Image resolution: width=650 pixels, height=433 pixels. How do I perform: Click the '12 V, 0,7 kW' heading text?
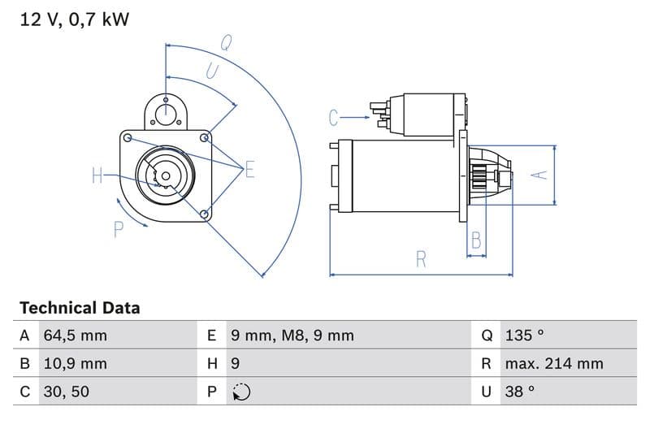[x=74, y=19]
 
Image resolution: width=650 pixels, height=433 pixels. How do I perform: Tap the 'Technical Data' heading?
[x=80, y=308]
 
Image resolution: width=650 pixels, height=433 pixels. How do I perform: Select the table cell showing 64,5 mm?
[x=75, y=336]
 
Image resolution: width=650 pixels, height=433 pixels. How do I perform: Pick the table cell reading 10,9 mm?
[x=75, y=364]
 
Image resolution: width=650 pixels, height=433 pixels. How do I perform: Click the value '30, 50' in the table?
[x=66, y=392]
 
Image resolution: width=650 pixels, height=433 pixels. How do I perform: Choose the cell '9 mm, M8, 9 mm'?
[x=292, y=336]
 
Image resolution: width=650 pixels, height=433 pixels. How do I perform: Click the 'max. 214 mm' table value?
[x=554, y=364]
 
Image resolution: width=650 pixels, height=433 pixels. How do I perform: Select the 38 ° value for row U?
[x=520, y=392]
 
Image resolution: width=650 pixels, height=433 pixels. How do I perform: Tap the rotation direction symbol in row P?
[x=241, y=392]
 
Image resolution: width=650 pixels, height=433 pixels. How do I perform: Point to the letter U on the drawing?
[x=212, y=71]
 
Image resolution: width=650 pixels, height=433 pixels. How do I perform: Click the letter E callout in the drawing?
[x=249, y=170]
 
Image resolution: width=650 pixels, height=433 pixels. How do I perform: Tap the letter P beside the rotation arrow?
[x=119, y=230]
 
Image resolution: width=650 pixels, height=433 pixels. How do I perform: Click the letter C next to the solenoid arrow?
[x=334, y=119]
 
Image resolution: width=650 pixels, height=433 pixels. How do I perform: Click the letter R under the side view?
[x=421, y=259]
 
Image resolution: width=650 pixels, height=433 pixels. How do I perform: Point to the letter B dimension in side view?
[x=476, y=240]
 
